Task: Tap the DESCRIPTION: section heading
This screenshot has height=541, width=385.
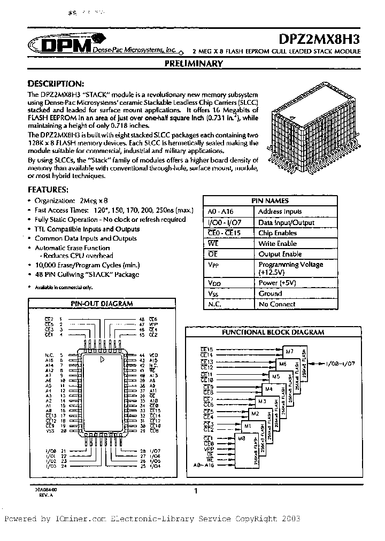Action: tap(56, 84)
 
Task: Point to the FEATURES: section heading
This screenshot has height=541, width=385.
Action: tap(48, 190)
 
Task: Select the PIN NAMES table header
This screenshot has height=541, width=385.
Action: tap(270, 201)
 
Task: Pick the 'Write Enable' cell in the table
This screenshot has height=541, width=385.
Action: tap(278, 243)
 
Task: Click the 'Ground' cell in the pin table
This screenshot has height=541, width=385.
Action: tap(270, 293)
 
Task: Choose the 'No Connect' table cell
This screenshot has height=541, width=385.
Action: tap(276, 304)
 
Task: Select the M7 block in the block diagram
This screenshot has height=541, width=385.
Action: tap(289, 351)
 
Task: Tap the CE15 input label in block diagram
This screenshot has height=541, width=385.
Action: tap(207, 349)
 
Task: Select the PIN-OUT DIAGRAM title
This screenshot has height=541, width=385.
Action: tap(102, 304)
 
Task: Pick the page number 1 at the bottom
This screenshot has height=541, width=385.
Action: tap(196, 491)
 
